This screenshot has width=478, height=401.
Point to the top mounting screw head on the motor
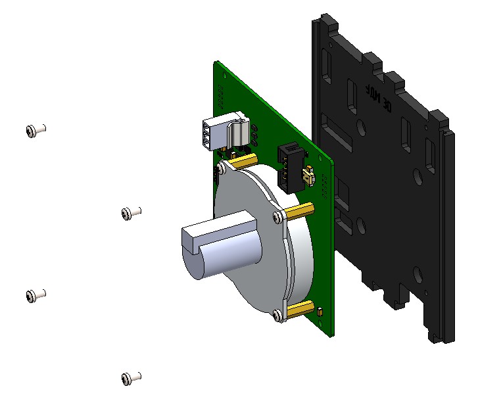coord(222,169)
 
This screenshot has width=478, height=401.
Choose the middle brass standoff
coord(300,211)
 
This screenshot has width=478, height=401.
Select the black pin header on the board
coord(290,167)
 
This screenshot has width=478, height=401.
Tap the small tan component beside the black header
coord(307,176)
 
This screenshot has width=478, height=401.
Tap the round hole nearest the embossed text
coord(360,124)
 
